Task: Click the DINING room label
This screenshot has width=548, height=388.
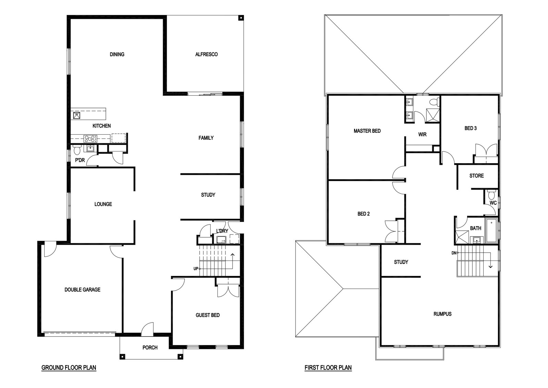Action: click(117, 54)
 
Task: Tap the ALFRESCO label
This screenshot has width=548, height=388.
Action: click(207, 54)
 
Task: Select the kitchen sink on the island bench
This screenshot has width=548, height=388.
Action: click(77, 115)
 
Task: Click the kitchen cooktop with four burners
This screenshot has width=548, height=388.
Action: click(90, 139)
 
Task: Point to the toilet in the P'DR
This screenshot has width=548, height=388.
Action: click(77, 150)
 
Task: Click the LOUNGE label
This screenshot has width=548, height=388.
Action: click(103, 204)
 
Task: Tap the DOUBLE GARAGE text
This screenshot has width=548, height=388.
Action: click(83, 290)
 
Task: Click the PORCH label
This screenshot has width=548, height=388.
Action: click(150, 348)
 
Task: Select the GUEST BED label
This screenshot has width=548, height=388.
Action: click(208, 315)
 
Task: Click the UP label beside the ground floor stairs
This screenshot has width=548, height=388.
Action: click(196, 269)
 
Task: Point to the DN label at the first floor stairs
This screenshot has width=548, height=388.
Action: click(454, 253)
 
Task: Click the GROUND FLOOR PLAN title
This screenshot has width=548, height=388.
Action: click(69, 368)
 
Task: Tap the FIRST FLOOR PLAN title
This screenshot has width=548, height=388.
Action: click(328, 368)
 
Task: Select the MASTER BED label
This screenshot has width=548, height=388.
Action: click(367, 131)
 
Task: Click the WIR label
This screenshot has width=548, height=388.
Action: click(423, 134)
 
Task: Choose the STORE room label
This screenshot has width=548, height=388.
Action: click(476, 176)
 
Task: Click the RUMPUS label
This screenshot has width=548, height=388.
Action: click(443, 314)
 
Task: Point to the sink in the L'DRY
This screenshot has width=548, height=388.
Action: click(221, 240)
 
